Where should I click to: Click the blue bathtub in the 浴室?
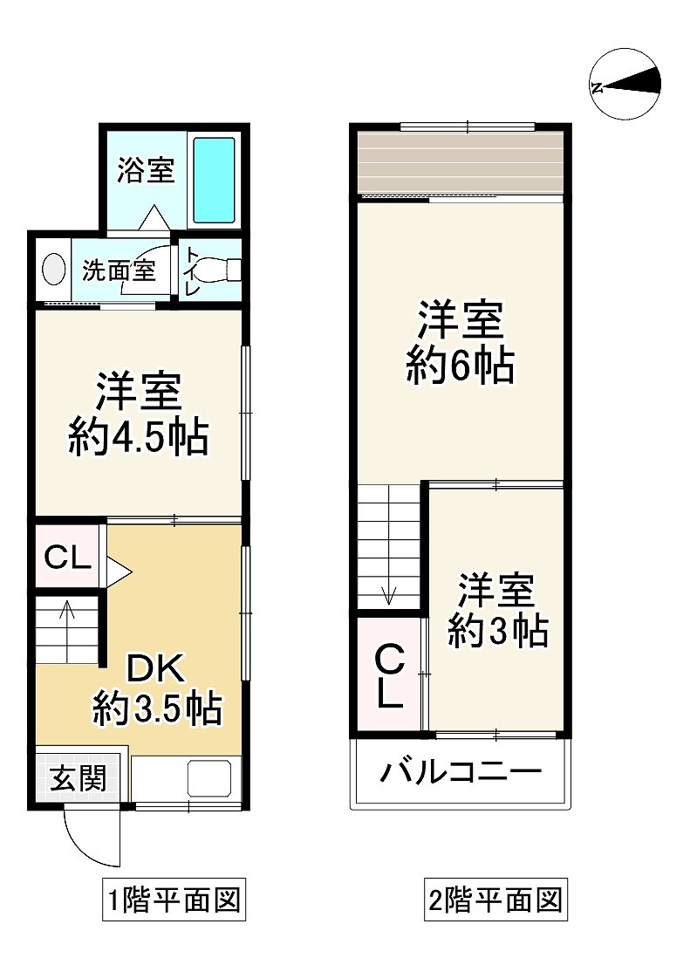[x=213, y=178]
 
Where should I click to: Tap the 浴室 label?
[x=146, y=169]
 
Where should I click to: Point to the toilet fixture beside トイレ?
[x=228, y=270]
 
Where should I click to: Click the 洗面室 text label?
[x=119, y=270]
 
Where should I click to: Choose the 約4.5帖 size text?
[x=139, y=437]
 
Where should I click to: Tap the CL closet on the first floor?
[x=68, y=558]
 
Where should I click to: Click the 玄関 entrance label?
[x=77, y=777]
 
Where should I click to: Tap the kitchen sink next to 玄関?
[x=209, y=777]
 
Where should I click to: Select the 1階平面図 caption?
[x=172, y=899]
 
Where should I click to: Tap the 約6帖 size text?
[x=460, y=366]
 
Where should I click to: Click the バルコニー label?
[x=461, y=772]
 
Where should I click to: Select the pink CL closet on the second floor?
[x=388, y=674]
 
